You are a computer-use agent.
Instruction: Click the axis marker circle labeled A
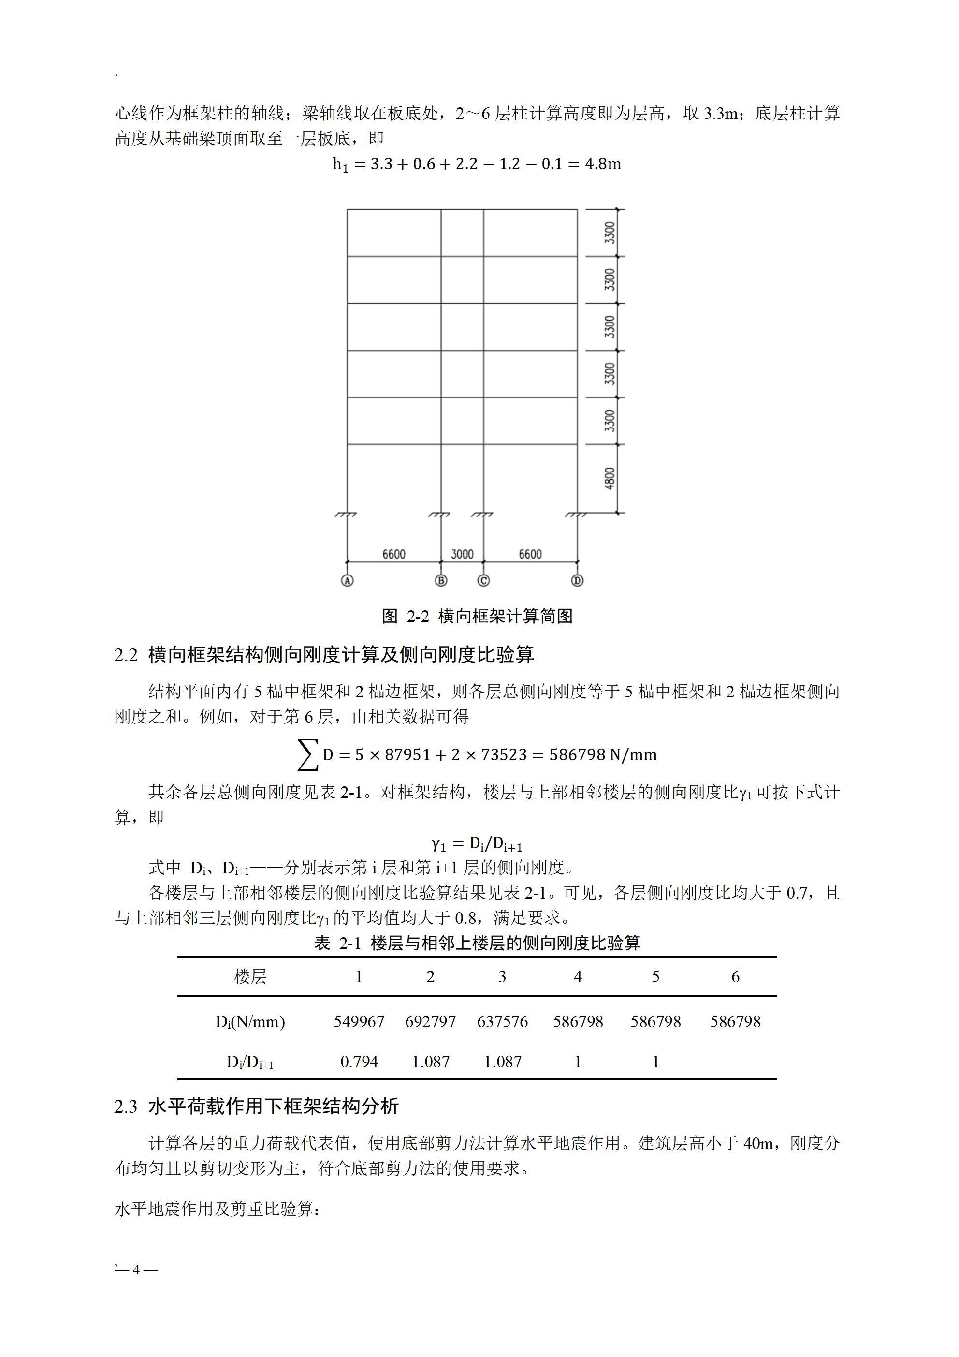pos(347,580)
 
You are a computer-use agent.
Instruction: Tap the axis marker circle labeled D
pos(577,580)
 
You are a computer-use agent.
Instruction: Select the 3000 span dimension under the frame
pos(462,554)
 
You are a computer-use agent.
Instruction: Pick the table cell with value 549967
pos(359,1021)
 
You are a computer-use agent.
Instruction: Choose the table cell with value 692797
pos(430,1021)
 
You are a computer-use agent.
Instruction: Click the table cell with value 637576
pos(502,1021)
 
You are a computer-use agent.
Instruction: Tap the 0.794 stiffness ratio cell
pos(359,1062)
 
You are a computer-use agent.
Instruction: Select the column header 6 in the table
pos(735,976)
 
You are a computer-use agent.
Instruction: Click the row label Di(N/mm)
pos(250,1021)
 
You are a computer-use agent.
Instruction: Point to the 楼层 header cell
pos(250,976)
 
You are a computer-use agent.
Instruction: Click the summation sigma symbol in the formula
pos(308,755)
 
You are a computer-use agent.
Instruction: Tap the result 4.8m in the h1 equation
pos(603,164)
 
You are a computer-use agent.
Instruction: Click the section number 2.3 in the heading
pos(126,1106)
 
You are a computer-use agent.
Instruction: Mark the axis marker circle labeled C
pos(483,580)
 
